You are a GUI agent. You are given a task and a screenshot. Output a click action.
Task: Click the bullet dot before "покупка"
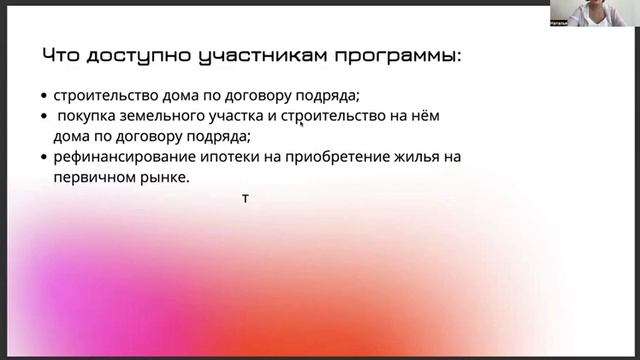click(x=45, y=118)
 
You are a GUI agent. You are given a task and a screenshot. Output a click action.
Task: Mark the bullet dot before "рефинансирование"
click(x=45, y=158)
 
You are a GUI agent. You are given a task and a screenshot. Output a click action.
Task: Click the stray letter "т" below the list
click(x=245, y=198)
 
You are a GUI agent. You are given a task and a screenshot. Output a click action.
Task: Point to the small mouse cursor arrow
click(x=301, y=124)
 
